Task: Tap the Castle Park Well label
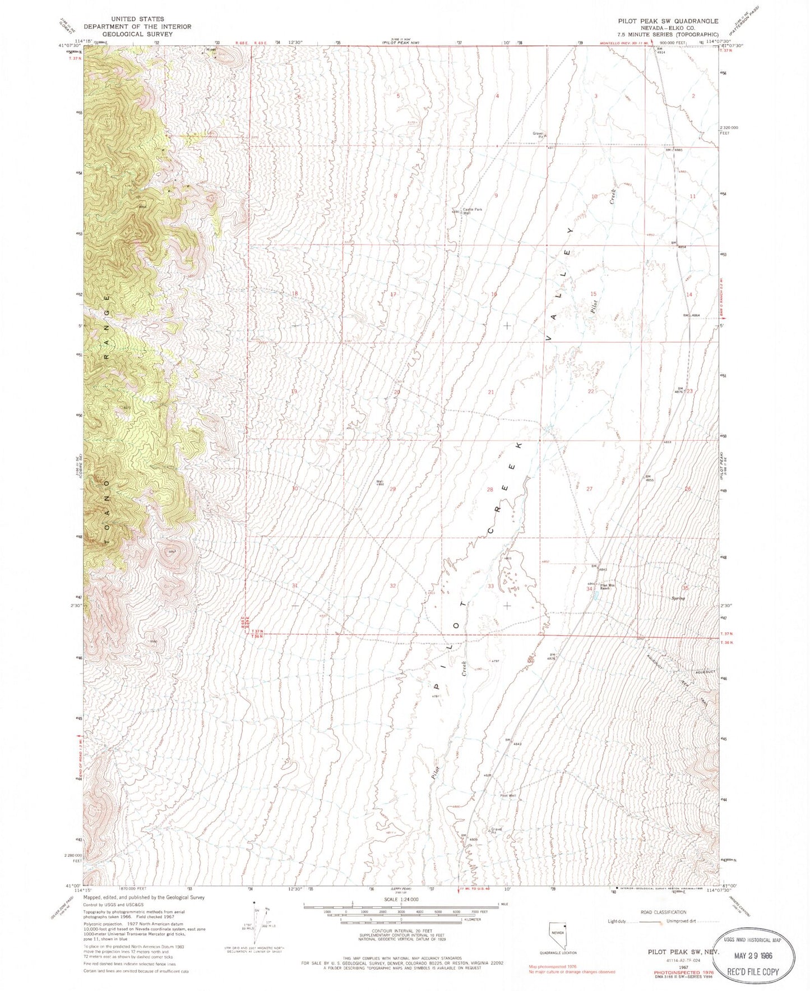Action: pos(471,211)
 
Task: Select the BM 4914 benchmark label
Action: pos(663,50)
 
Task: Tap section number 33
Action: pos(491,586)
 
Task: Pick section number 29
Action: pos(393,489)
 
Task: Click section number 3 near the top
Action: pos(596,96)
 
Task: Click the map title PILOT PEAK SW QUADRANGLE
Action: pos(668,21)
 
